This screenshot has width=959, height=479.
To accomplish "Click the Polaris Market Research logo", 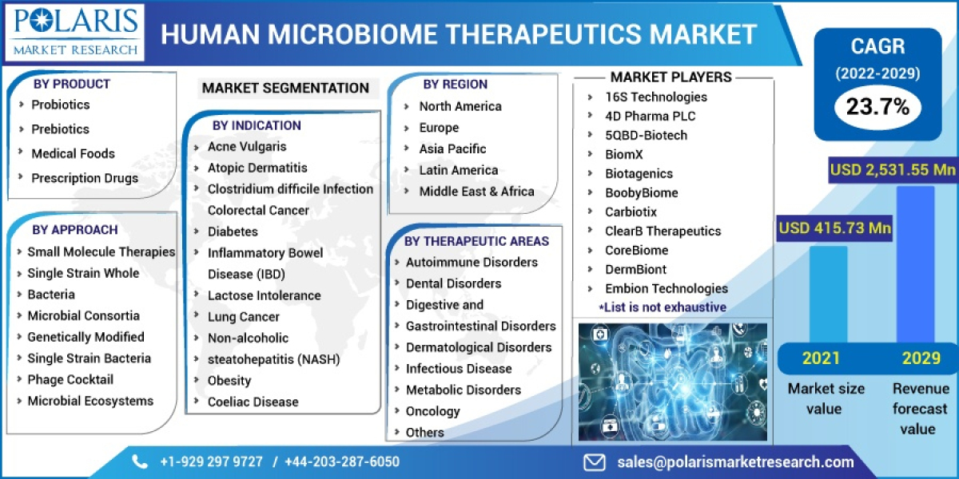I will coord(77,32).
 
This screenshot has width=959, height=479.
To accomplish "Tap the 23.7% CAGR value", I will coord(877,106).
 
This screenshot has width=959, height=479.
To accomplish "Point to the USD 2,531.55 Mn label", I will coord(893,169).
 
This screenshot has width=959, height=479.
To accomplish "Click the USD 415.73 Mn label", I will coord(834,228).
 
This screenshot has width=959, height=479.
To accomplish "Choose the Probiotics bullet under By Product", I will coord(60,105).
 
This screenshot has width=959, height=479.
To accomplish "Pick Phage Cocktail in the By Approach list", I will coord(70,379).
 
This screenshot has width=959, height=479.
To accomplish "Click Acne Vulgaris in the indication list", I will coord(246,147).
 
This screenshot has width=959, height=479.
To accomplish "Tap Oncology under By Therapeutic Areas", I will coord(432,411).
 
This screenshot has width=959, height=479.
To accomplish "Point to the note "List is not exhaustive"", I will coord(663,307).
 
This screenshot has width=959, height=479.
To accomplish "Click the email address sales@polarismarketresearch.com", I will coord(735,461).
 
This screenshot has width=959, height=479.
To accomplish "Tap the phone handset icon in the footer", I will coord(141,461).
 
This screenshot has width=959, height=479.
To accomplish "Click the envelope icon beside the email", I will coord(594,461).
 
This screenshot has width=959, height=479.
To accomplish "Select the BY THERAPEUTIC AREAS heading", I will coord(476,240).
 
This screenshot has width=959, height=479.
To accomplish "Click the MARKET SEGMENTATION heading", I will coord(285,88).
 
